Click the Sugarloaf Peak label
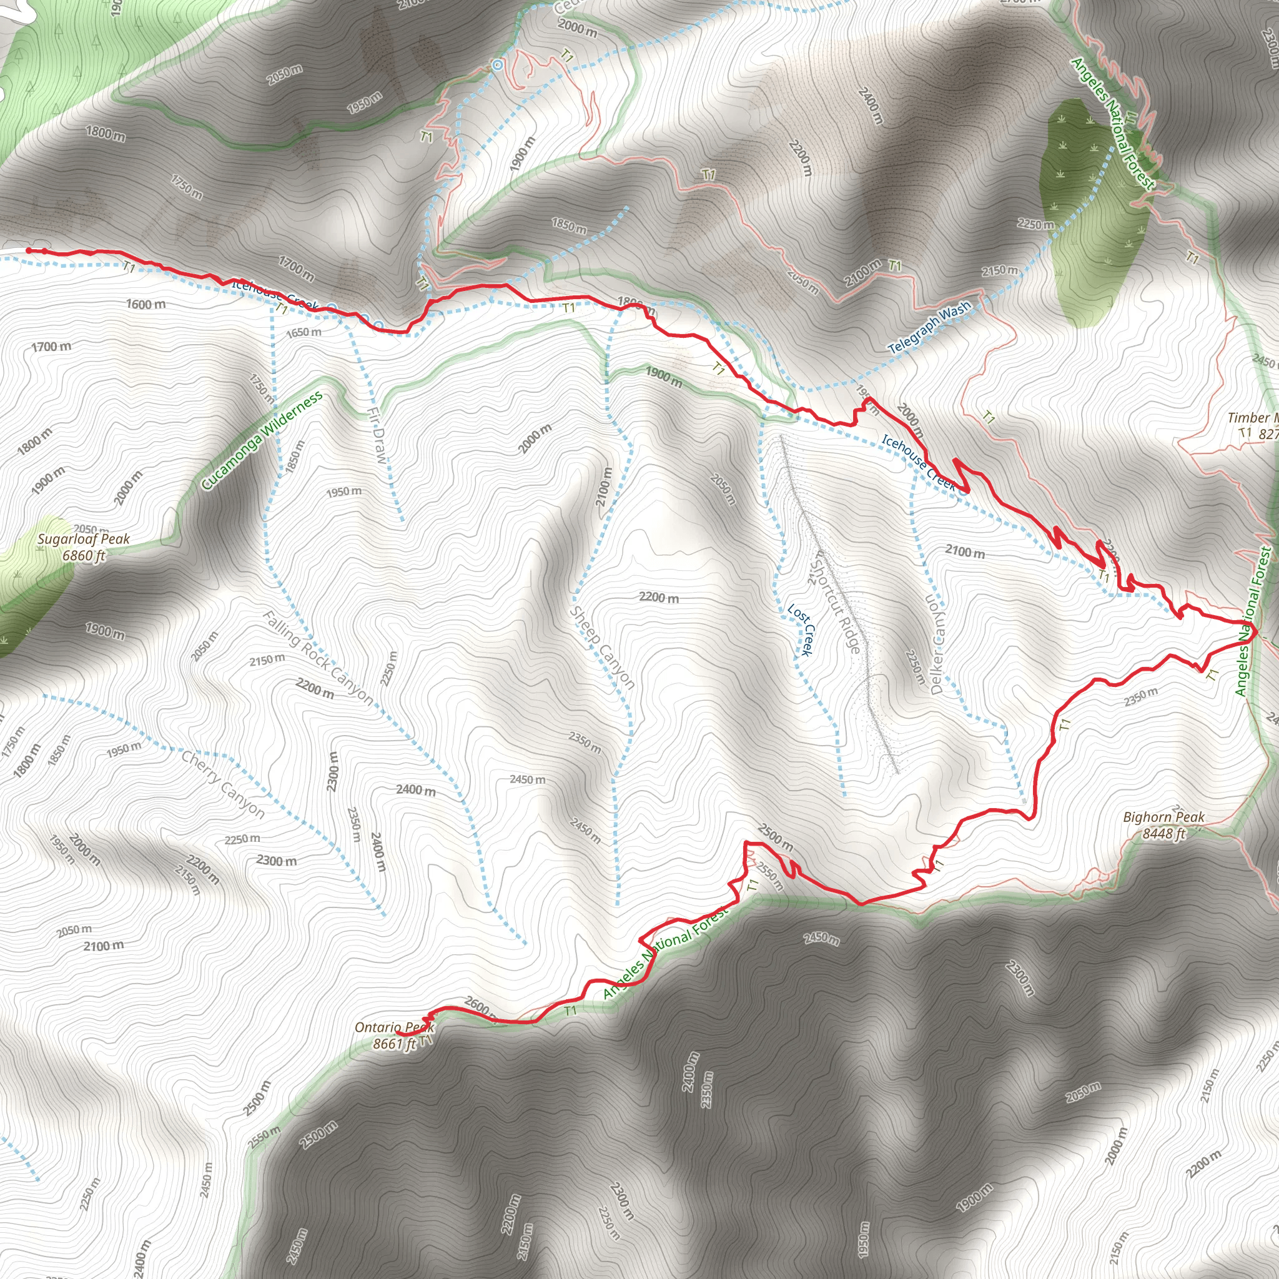[x=84, y=540]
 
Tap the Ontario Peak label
[x=394, y=1027]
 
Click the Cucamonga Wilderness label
[x=262, y=440]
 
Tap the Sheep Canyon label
[x=602, y=648]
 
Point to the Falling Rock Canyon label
[x=318, y=658]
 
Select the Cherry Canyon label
[x=223, y=784]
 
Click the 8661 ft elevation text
[x=394, y=1044]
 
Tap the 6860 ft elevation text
[x=84, y=555]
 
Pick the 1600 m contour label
[x=146, y=305]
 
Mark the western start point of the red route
[x=29, y=250]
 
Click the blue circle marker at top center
[x=497, y=64]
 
